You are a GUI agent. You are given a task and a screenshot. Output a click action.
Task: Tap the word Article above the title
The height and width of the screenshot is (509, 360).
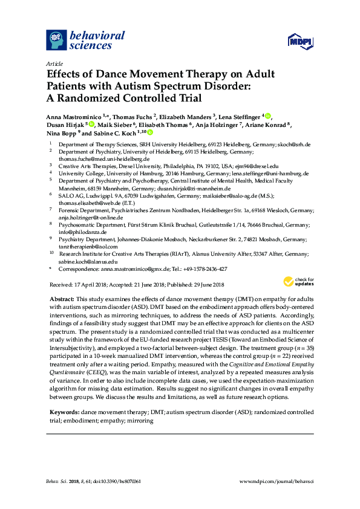(54, 63)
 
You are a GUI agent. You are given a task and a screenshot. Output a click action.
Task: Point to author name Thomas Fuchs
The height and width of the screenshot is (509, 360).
(133, 115)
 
